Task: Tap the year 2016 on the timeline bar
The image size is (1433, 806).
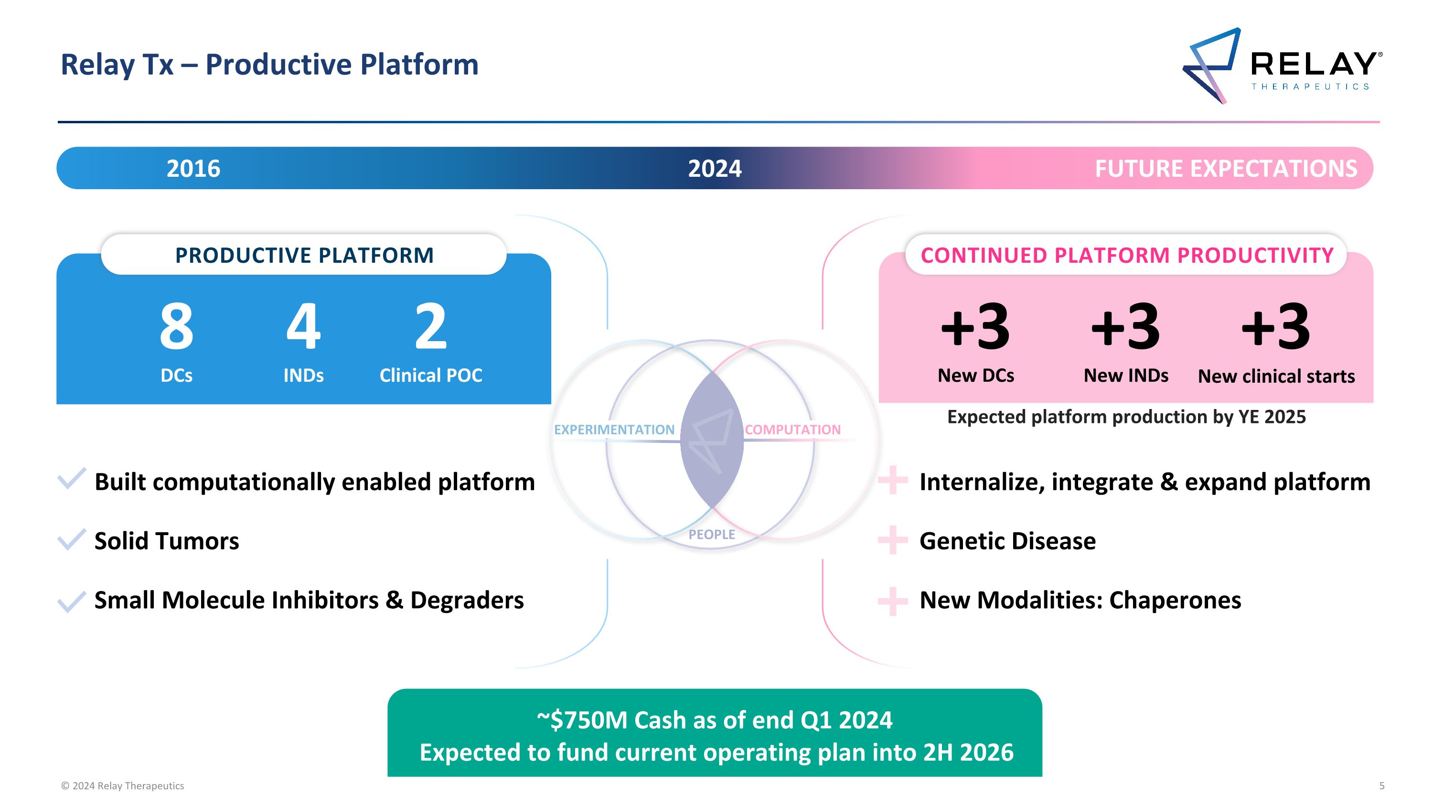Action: (193, 169)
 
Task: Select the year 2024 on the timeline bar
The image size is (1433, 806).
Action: (715, 169)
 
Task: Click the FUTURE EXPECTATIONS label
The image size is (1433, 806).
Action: (1226, 169)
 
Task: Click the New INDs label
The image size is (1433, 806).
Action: (1126, 376)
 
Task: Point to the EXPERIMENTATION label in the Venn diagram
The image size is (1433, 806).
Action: (614, 430)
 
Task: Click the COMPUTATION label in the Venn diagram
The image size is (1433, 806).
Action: (793, 430)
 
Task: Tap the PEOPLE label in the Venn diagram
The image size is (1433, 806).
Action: (712, 535)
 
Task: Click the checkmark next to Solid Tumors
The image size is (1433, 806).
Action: (72, 539)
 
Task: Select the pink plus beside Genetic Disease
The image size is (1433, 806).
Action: (893, 540)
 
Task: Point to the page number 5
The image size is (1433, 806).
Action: (1382, 786)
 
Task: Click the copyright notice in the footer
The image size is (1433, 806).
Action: (122, 786)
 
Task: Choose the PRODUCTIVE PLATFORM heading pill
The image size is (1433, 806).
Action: (304, 254)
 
